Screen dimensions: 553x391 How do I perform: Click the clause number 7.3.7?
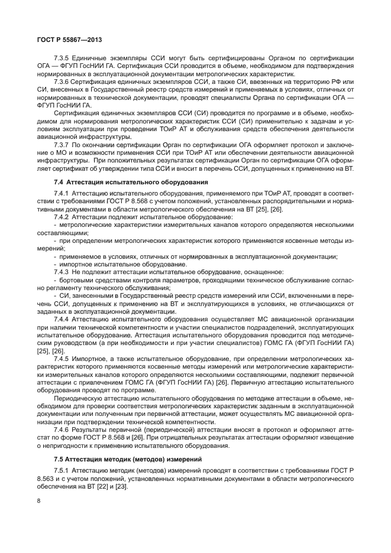pyautogui.click(x=62, y=144)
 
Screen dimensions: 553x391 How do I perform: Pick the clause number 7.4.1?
pyautogui.click(x=62, y=193)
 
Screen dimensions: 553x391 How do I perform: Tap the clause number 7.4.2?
pyautogui.click(x=62, y=217)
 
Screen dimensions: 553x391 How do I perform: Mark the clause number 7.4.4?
pyautogui.click(x=62, y=318)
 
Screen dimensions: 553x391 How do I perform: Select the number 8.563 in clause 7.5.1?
pyautogui.click(x=46, y=478)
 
